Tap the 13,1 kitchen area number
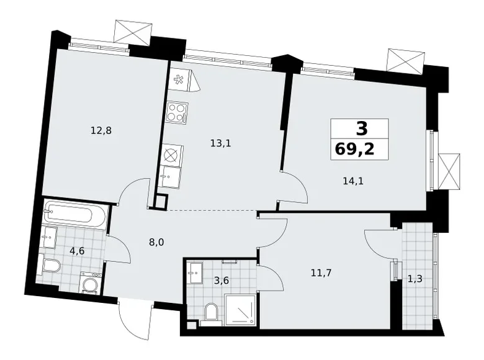point(220,143)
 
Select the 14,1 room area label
point(353,181)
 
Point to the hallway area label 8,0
point(156,243)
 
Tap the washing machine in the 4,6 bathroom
point(91,284)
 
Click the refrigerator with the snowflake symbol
point(179,79)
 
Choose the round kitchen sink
point(170,156)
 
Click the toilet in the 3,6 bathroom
point(210,312)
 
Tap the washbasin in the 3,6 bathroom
point(194,271)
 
